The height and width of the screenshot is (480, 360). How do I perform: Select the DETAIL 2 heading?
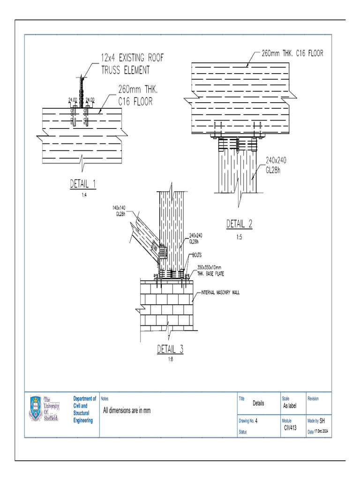[x=239, y=224]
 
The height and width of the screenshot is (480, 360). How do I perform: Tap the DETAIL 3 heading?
[x=170, y=349]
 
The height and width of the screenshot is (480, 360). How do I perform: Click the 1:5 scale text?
[x=239, y=237]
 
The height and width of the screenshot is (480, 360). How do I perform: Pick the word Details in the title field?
[x=258, y=403]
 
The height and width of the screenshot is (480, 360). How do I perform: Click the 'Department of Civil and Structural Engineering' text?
[x=85, y=409]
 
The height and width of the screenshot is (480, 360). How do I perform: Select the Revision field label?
[x=313, y=399]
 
